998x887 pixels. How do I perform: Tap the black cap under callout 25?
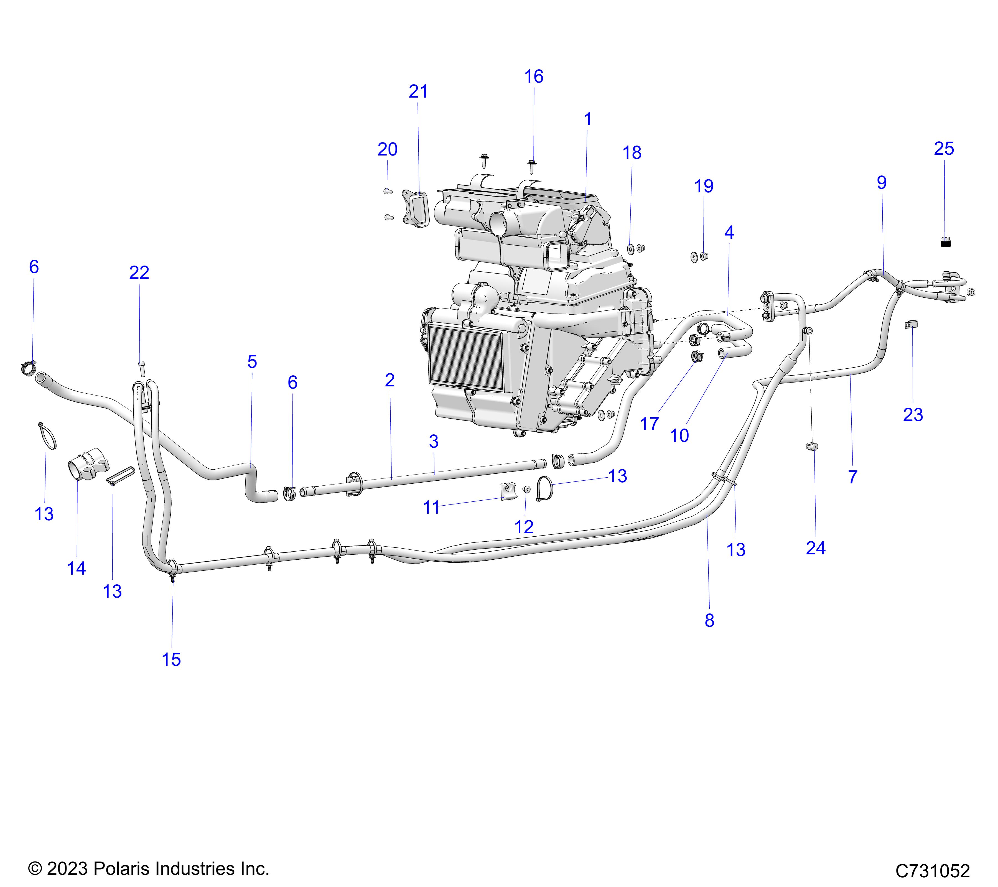(x=946, y=241)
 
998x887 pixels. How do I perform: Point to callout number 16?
(x=534, y=76)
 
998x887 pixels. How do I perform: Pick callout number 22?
(x=139, y=272)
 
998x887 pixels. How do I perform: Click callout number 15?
(x=171, y=659)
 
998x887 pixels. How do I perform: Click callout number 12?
(x=524, y=527)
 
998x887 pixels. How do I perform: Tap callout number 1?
(x=588, y=119)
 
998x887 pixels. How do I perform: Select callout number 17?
(x=649, y=424)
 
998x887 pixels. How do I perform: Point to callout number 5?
(x=252, y=362)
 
